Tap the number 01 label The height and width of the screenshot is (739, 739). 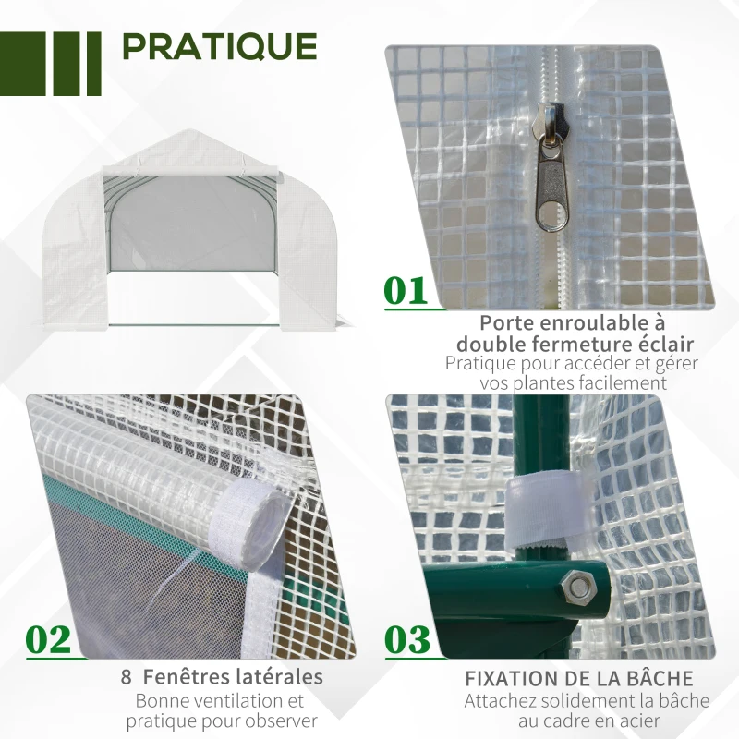(x=406, y=291)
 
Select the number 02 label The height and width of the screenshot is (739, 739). (x=49, y=639)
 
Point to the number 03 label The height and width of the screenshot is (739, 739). (x=406, y=639)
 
